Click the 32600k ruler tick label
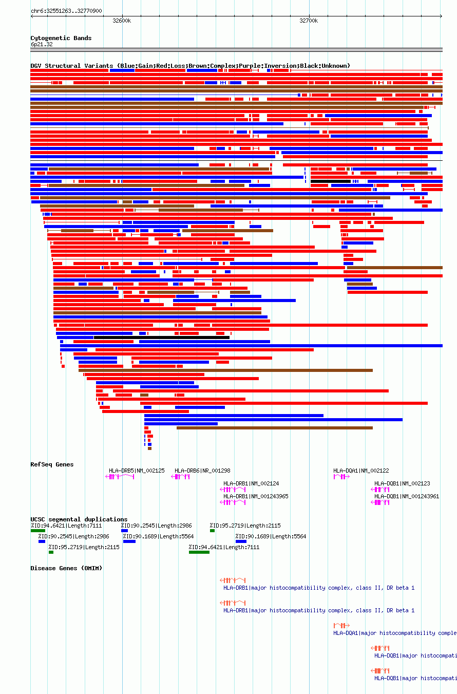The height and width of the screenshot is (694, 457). coord(122,21)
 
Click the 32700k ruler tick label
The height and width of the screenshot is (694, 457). coord(309,21)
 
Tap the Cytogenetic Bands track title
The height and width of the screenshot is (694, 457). coord(61,38)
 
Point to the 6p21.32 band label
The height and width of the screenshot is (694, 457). coord(42,44)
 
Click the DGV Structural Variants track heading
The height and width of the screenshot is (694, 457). coord(190,66)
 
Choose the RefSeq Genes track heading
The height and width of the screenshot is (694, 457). coord(52,464)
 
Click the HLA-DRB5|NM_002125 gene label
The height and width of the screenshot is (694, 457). coord(137,471)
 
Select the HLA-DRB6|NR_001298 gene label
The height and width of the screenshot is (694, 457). coord(202,471)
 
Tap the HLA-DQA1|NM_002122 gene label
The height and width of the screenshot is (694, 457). coord(361,471)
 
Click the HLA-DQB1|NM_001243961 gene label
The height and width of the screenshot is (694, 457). coord(407,496)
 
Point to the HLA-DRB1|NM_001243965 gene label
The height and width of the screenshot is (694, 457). coord(256,496)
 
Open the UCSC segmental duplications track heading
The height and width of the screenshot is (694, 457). coord(79,519)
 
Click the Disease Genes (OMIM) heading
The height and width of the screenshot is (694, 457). coord(66,568)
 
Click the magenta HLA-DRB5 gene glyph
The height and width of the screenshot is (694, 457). coord(120,477)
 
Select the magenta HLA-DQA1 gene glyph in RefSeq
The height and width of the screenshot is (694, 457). coord(341,477)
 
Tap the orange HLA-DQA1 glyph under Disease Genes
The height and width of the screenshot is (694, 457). coord(341,625)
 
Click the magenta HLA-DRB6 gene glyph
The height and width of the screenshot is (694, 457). coord(180,477)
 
